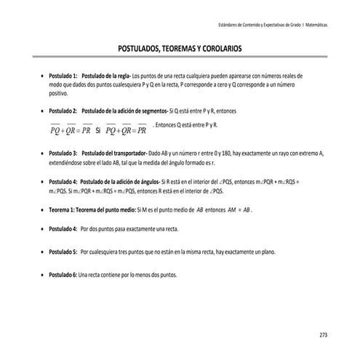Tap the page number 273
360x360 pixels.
pyautogui.click(x=323, y=335)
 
